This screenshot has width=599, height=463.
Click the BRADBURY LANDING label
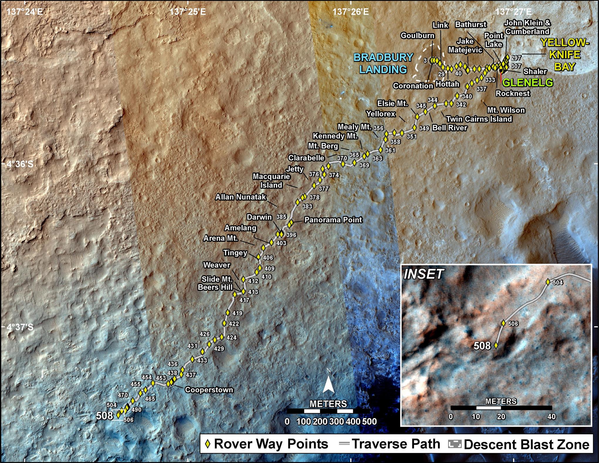383,63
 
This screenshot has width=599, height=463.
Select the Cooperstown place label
209,390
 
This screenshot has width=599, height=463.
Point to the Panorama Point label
333,220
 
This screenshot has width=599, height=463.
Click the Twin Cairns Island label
479,119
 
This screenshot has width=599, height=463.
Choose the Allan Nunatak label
241,197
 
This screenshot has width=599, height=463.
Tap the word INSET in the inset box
423,274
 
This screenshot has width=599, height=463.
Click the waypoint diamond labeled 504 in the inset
548,282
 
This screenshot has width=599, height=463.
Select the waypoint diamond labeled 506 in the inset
503,323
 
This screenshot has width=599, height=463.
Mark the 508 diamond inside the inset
496,345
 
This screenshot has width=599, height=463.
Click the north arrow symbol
329,385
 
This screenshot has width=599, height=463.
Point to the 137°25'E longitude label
188,12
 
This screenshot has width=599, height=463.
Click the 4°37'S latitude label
20,327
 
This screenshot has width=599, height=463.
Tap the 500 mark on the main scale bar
370,422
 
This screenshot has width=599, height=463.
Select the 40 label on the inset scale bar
551,416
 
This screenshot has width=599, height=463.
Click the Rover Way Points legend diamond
208,444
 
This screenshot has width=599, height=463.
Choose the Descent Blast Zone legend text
527,444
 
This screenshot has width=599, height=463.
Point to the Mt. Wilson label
506,110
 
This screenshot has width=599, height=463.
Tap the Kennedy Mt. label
335,136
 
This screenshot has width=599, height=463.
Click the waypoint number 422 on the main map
234,324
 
